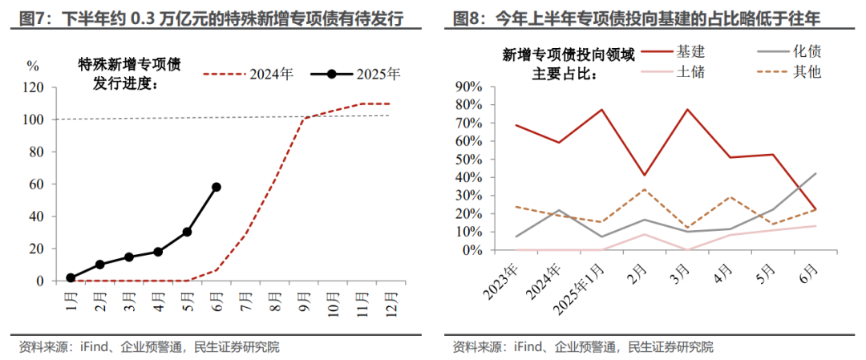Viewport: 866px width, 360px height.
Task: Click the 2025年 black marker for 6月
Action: (x=216, y=187)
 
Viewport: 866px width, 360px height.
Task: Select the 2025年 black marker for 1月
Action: (x=71, y=277)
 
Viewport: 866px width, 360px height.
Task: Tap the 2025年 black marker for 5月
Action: (x=187, y=232)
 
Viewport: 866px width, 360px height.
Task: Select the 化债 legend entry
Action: (x=807, y=51)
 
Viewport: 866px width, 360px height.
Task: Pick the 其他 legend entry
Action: (x=807, y=71)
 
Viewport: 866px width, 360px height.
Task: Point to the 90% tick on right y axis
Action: (x=468, y=87)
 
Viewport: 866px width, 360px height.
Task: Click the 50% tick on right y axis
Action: (x=468, y=159)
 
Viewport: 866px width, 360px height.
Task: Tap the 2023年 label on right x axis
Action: (x=502, y=281)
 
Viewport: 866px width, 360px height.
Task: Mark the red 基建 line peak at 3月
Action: (x=687, y=109)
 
